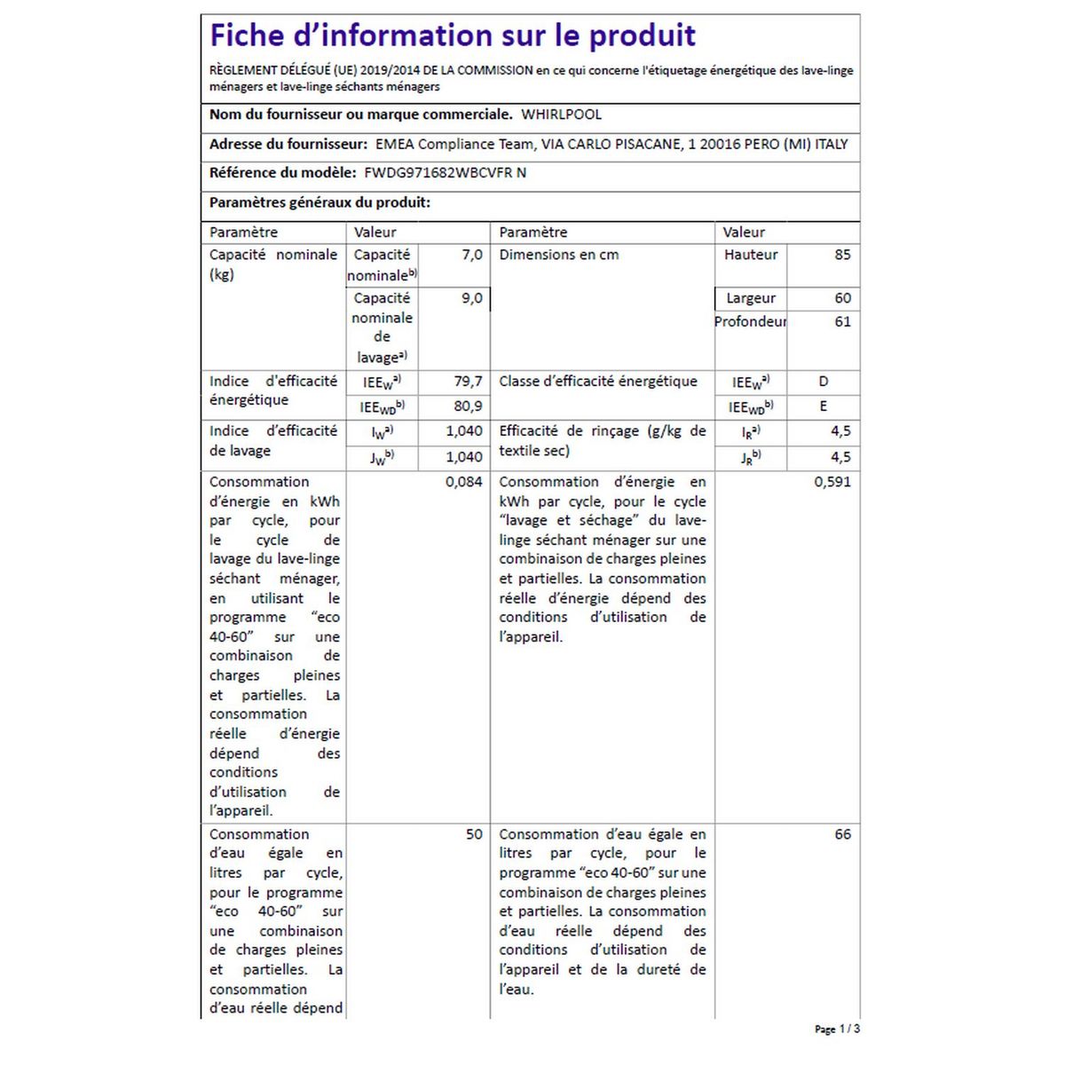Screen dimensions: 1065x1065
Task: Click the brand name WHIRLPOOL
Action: pos(561,114)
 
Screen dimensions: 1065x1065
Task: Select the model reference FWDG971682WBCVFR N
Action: pos(445,173)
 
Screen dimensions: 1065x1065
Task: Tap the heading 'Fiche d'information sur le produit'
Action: pos(453,35)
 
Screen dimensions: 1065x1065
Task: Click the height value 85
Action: pos(842,255)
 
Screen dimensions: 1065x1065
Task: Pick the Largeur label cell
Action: pos(751,298)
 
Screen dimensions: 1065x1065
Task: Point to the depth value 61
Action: pos(842,321)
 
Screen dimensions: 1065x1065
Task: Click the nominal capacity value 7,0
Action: pos(472,255)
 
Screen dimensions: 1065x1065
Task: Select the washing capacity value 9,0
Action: pos(472,298)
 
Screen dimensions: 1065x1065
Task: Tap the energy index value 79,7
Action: pos(468,382)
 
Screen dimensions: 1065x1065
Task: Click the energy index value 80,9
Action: pos(468,406)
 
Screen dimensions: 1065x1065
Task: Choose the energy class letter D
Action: pos(824,382)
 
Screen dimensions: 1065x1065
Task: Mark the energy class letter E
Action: pos(824,406)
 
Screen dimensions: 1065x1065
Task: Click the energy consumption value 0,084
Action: pos(463,482)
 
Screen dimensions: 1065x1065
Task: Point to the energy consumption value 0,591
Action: pos(832,482)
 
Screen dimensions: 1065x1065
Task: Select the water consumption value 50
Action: pos(474,834)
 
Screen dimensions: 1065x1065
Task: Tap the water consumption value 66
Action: pos(842,834)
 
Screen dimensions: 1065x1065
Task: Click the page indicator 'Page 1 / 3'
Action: pos(836,1029)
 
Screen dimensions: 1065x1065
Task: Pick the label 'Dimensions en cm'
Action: pos(559,255)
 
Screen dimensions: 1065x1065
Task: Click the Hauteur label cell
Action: pos(751,255)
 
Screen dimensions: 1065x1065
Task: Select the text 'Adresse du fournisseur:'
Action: pos(288,144)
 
